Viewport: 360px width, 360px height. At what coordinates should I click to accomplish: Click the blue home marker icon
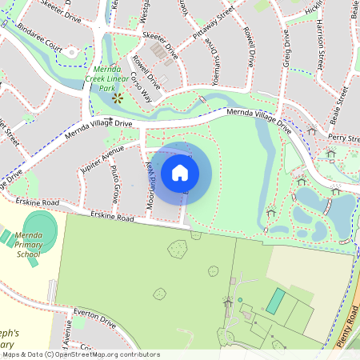[180, 172]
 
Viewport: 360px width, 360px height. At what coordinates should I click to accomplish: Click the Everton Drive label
[96, 318]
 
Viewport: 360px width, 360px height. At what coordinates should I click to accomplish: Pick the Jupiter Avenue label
[102, 154]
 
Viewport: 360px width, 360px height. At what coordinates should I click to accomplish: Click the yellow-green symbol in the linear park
[118, 98]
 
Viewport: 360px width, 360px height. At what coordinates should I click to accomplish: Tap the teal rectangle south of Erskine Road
[274, 301]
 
